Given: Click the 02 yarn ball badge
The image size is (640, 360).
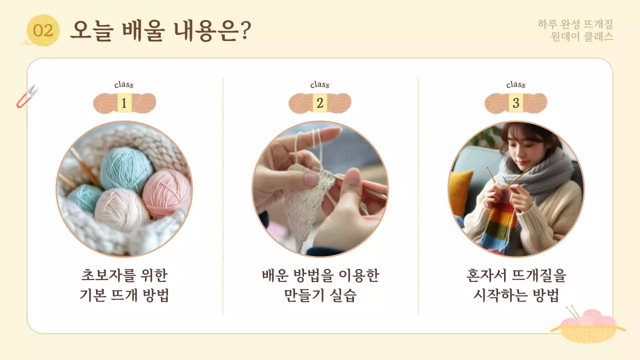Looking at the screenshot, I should point(43,31).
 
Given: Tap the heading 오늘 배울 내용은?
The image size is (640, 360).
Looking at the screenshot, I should point(160,30).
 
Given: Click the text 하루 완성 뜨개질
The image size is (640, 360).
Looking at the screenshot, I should point(575,24).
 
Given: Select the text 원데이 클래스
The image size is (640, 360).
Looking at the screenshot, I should point(582,37).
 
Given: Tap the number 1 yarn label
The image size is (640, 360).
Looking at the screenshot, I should point(124,103).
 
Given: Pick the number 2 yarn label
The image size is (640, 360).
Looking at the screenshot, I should point(320,103).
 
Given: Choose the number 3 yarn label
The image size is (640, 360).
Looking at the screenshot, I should point(516,103).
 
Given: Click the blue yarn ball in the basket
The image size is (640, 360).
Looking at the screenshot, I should point(126,169).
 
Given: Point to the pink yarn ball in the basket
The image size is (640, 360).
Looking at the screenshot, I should point(166,192).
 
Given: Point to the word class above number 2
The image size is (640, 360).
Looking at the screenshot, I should point(320,85).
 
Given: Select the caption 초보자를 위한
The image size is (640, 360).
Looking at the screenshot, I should point(124,275).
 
